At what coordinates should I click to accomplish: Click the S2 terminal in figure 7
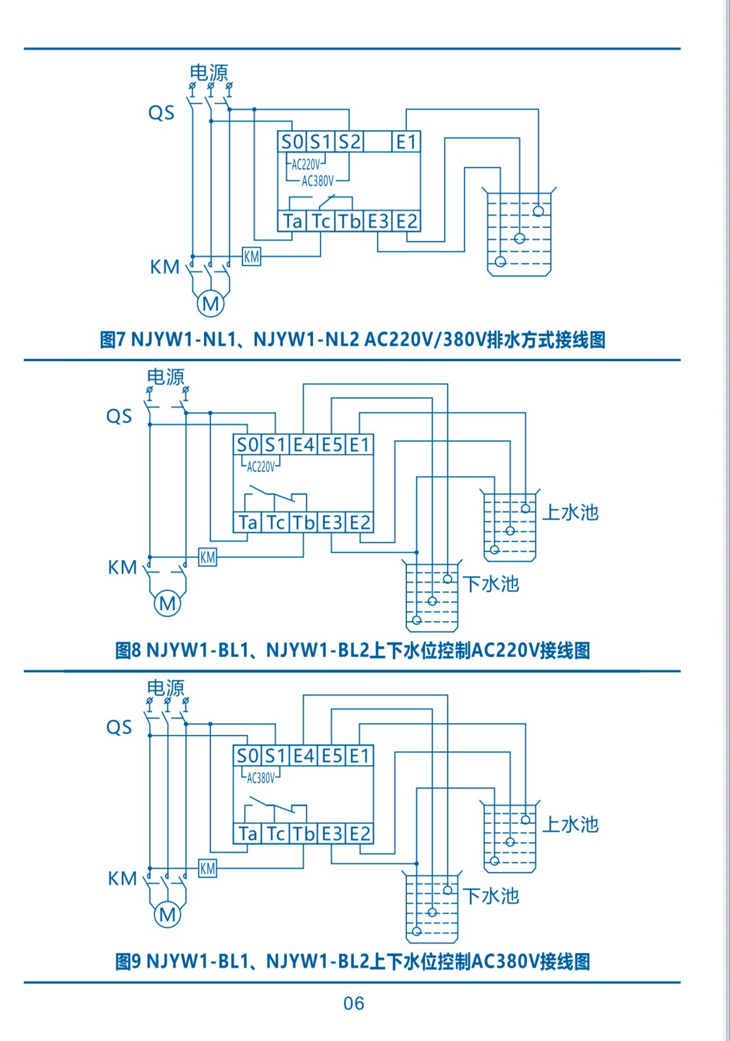click(349, 142)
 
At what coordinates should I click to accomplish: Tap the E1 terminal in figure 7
click(406, 142)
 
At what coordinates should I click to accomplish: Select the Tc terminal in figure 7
click(321, 221)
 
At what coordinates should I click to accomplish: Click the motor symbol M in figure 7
click(210, 303)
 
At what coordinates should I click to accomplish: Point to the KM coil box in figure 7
click(251, 256)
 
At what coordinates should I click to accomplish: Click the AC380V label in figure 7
click(318, 181)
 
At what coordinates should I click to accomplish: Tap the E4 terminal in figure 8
click(303, 445)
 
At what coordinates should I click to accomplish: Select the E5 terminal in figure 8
click(332, 445)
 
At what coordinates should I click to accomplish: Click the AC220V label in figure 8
click(261, 467)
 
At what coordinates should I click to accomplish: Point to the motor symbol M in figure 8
click(167, 603)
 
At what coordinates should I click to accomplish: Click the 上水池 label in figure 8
click(570, 512)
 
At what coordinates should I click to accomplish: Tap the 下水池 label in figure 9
click(491, 895)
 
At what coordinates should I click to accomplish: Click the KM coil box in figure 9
click(208, 868)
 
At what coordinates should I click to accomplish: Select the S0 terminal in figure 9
click(247, 756)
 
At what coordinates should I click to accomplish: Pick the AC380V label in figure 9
click(261, 778)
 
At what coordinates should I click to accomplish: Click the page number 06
click(354, 1003)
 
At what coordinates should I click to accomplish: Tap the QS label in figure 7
click(161, 112)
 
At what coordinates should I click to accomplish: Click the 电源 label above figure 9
click(166, 688)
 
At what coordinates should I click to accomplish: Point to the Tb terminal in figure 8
click(304, 523)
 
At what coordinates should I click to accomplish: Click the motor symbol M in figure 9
click(167, 914)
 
